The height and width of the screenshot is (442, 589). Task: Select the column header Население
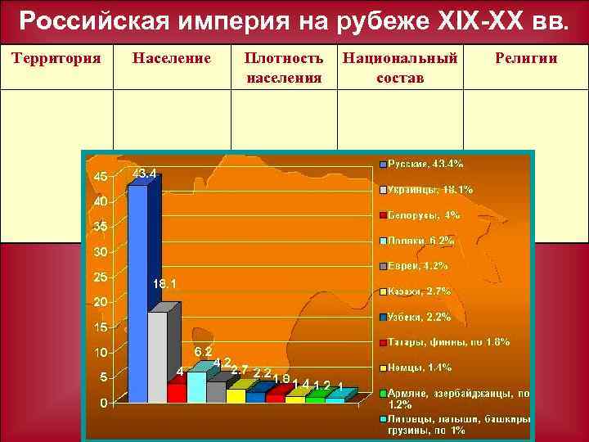tap(172, 58)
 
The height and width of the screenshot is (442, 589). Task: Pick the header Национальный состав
tap(400, 68)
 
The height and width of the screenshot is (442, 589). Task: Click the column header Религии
tap(526, 58)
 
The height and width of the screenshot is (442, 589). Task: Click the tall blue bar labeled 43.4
tap(138, 295)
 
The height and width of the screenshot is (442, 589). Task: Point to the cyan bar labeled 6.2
tap(196, 386)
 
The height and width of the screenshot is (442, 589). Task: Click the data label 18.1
tap(165, 284)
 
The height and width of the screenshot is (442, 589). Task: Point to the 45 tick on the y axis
tap(98, 177)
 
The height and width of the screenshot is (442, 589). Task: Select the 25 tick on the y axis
tap(98, 277)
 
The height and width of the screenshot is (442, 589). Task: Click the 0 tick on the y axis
tap(102, 404)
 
